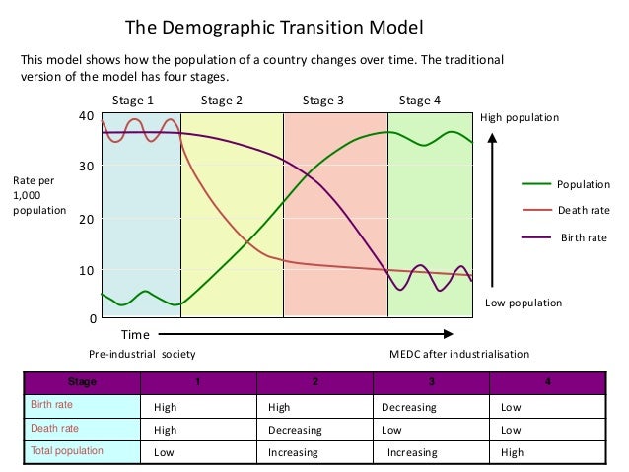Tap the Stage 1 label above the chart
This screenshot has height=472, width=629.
point(132,101)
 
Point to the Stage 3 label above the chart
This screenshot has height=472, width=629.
point(323,101)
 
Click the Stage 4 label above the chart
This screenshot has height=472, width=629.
point(420,101)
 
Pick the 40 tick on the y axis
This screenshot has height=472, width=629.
point(87,116)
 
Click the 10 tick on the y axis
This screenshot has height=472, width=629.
point(87,270)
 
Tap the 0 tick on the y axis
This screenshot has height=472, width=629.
point(91,319)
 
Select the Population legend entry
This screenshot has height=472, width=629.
point(584,184)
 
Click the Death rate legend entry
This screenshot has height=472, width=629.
point(584,210)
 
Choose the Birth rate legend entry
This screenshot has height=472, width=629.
point(584,237)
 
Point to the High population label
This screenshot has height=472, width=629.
point(520,118)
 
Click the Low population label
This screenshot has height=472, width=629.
point(524,303)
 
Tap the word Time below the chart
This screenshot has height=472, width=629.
point(135,335)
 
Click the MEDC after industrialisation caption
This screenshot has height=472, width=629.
point(459,354)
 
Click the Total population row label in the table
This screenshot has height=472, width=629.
point(67,451)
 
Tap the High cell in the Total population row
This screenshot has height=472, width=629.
point(513,452)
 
